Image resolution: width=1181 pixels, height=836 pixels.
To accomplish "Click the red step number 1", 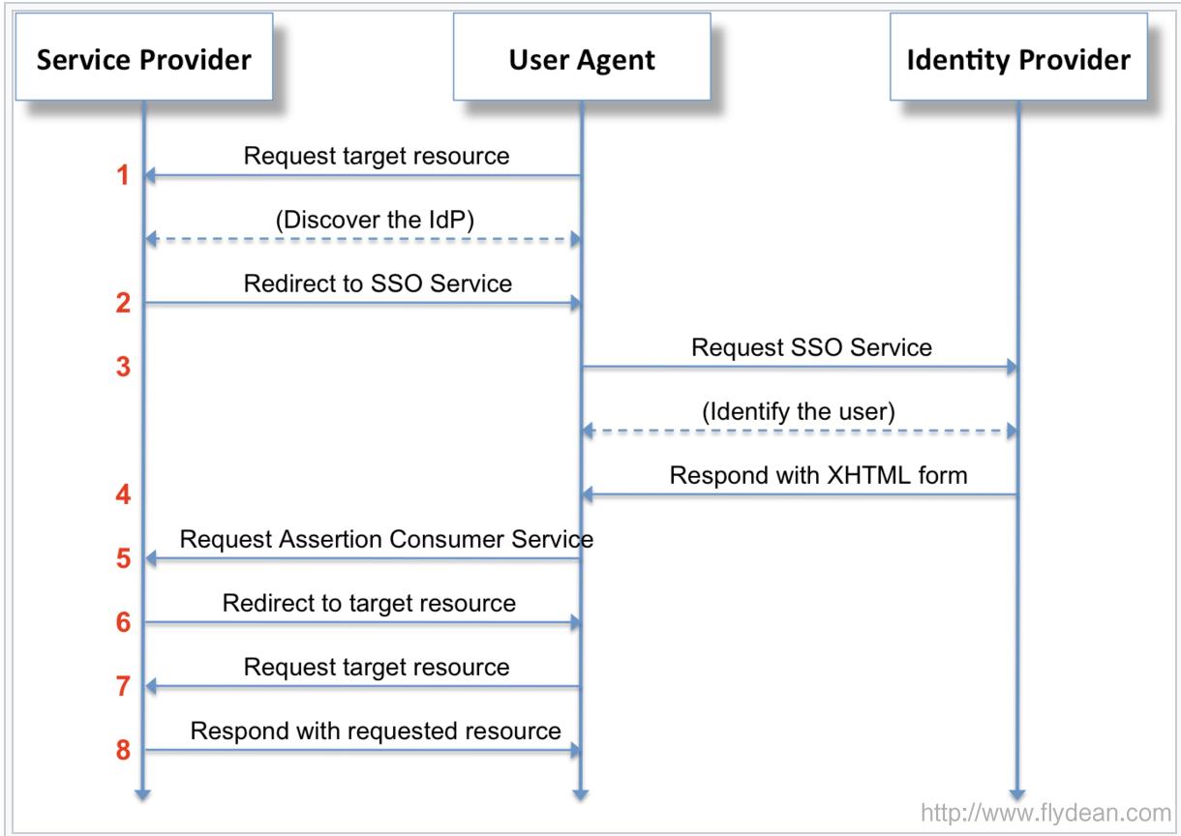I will [x=122, y=178].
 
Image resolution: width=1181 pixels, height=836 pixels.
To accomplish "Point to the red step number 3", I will [x=122, y=368].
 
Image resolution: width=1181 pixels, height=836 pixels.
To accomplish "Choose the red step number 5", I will [x=122, y=559].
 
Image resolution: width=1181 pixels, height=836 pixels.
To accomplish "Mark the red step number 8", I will [x=122, y=750].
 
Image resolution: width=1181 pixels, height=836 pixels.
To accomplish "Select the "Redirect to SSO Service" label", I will [x=377, y=284].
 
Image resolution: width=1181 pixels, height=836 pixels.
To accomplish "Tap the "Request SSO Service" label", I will [x=811, y=347].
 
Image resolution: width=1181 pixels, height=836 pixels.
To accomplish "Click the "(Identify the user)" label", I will [x=799, y=411].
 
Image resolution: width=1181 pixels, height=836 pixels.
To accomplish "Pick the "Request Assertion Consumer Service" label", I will [x=386, y=539].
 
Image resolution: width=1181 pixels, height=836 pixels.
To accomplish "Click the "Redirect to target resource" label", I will [x=369, y=603].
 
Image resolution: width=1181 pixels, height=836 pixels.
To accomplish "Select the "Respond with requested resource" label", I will [x=376, y=731].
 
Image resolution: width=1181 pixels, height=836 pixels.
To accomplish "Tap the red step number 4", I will [x=122, y=495].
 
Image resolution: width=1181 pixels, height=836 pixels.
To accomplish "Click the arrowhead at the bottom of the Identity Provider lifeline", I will [x=1018, y=794].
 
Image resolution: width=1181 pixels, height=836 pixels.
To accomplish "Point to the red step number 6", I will [x=122, y=623].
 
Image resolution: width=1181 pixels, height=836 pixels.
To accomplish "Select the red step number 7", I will [x=122, y=687].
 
